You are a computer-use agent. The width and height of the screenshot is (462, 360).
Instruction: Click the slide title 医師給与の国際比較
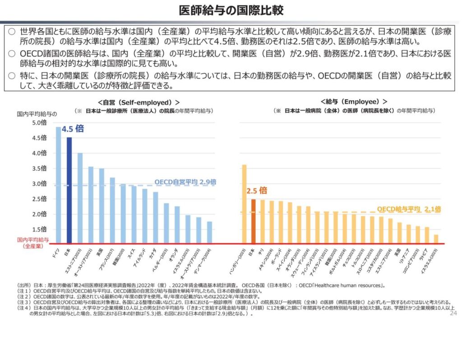(231, 10)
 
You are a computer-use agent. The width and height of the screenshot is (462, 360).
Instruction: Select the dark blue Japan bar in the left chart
(69, 190)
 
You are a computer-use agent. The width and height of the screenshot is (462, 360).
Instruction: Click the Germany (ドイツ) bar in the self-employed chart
(58, 185)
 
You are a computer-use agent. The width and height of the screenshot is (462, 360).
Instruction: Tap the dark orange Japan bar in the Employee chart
(254, 221)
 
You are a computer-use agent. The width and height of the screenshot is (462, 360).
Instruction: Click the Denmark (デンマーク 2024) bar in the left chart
(209, 232)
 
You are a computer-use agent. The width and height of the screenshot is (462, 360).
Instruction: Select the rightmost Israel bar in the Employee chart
(436, 239)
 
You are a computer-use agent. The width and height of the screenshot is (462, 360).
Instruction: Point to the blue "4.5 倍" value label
(73, 129)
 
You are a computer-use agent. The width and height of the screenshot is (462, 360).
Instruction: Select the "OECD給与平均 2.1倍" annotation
(409, 209)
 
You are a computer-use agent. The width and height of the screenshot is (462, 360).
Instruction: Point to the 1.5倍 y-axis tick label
(39, 229)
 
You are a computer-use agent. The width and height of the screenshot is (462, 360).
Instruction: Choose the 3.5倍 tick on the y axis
(39, 168)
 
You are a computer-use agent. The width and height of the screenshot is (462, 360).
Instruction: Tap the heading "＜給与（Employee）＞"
(354, 102)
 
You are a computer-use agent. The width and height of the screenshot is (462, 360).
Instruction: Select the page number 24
(453, 313)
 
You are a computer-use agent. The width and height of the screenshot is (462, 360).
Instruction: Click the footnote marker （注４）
(24, 308)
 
